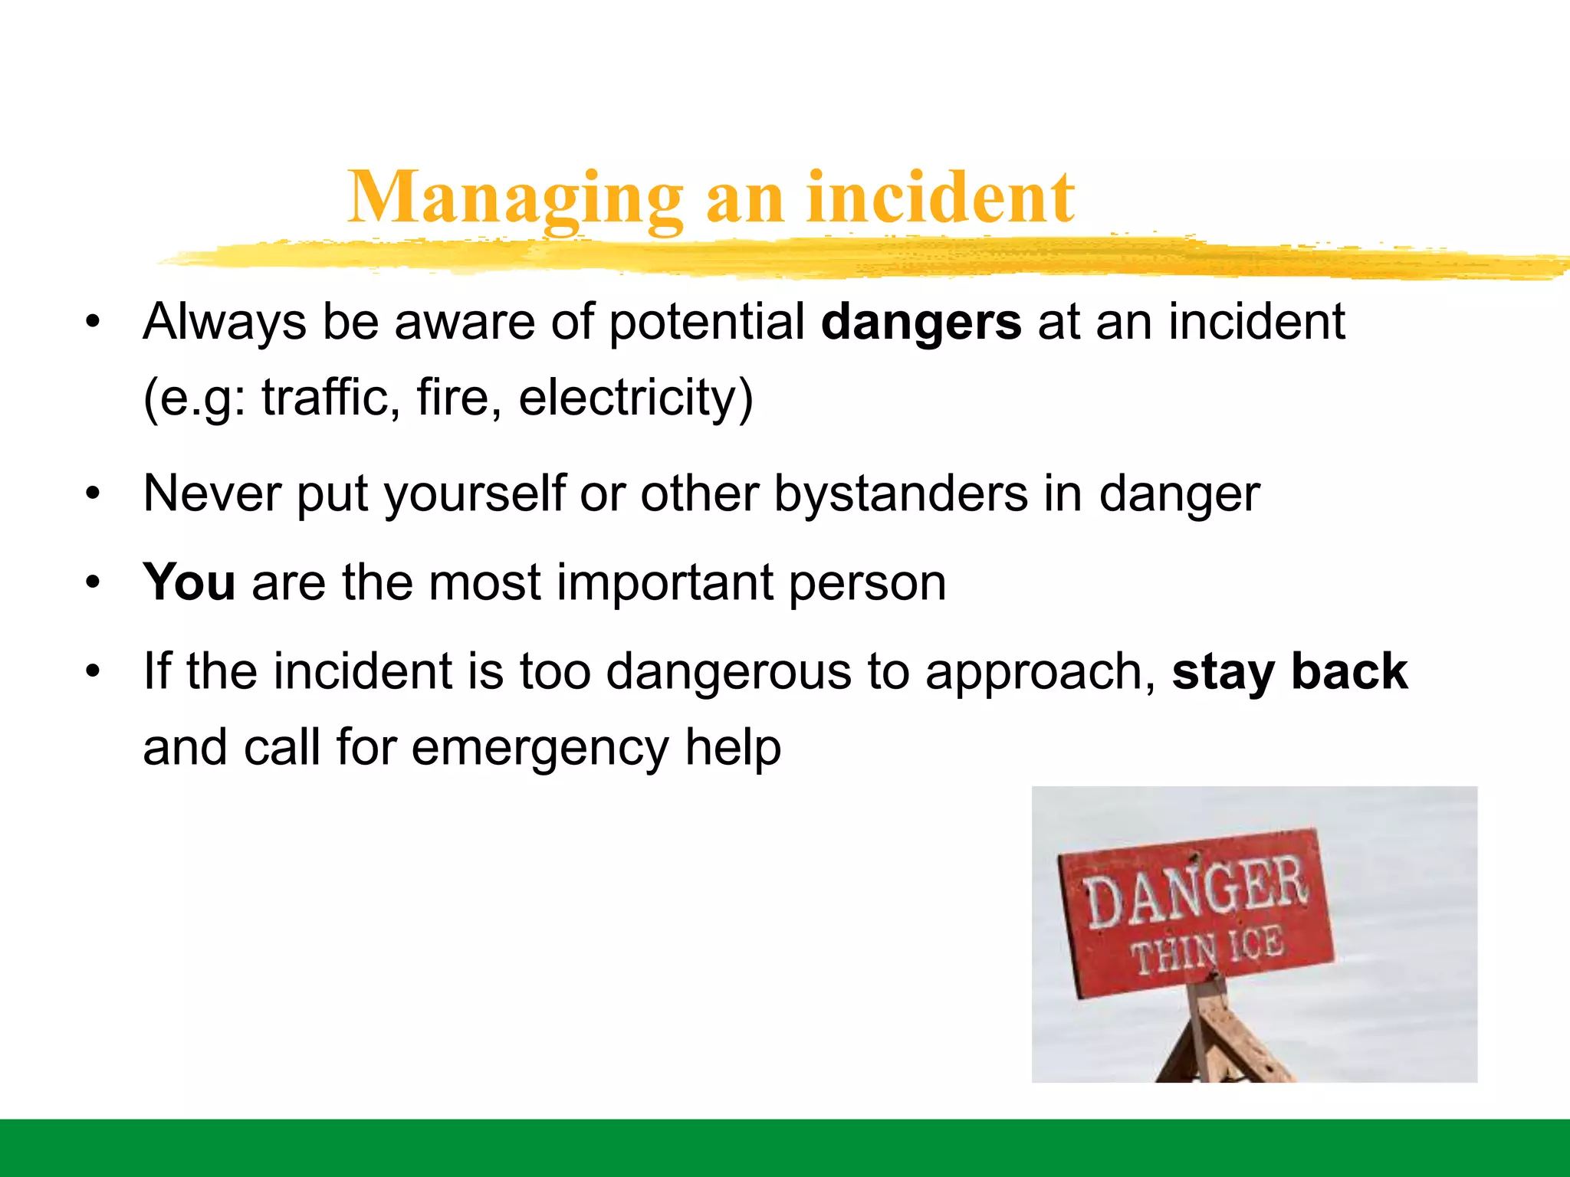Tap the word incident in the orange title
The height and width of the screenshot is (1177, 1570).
(x=941, y=198)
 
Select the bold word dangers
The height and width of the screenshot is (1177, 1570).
(x=921, y=322)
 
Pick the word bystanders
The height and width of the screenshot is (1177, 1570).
(x=901, y=493)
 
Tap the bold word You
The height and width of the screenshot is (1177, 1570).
(x=189, y=582)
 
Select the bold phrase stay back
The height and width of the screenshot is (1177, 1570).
(x=1289, y=672)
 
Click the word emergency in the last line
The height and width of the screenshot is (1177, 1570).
(x=540, y=748)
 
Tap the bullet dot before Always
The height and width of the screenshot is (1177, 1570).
(x=93, y=323)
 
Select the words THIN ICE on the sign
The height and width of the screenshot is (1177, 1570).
(x=1207, y=950)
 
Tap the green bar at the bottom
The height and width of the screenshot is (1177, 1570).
(x=785, y=1148)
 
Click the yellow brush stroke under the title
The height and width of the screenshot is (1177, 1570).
(x=843, y=257)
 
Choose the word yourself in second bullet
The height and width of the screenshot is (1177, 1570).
(x=475, y=494)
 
